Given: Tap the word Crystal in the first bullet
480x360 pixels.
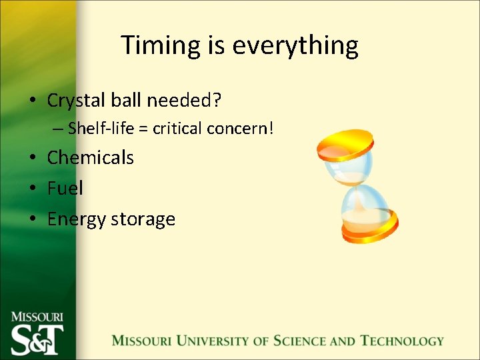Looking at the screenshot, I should point(74,101).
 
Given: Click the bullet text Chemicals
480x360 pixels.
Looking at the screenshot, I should point(90,158).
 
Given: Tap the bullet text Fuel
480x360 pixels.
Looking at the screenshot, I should point(65,188).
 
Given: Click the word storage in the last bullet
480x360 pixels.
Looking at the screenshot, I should point(145,219).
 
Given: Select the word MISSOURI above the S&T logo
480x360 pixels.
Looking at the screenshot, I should point(37,317).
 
